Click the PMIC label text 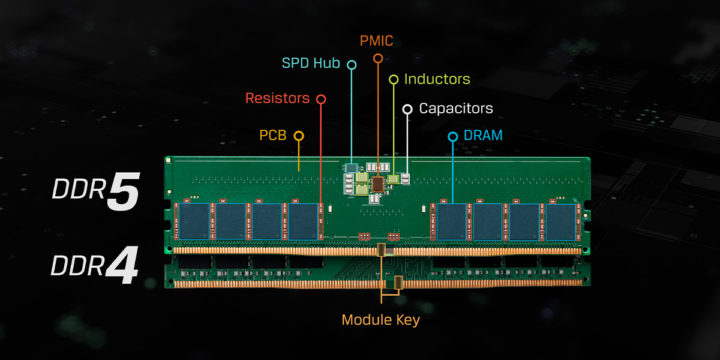click(376, 41)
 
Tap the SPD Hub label click(311, 63)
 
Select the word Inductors click(437, 79)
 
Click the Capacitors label click(455, 109)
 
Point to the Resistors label click(277, 98)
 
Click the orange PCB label click(272, 136)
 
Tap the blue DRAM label click(484, 136)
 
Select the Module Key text click(380, 320)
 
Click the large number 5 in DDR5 click(123, 193)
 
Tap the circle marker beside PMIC click(377, 58)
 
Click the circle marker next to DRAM click(453, 137)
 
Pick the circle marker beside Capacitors click(407, 109)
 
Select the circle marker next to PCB click(298, 136)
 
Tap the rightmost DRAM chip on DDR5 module click(560, 221)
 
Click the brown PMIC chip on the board click(378, 183)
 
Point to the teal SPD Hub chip click(352, 167)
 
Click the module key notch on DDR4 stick click(398, 281)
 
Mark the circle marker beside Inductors click(394, 79)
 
